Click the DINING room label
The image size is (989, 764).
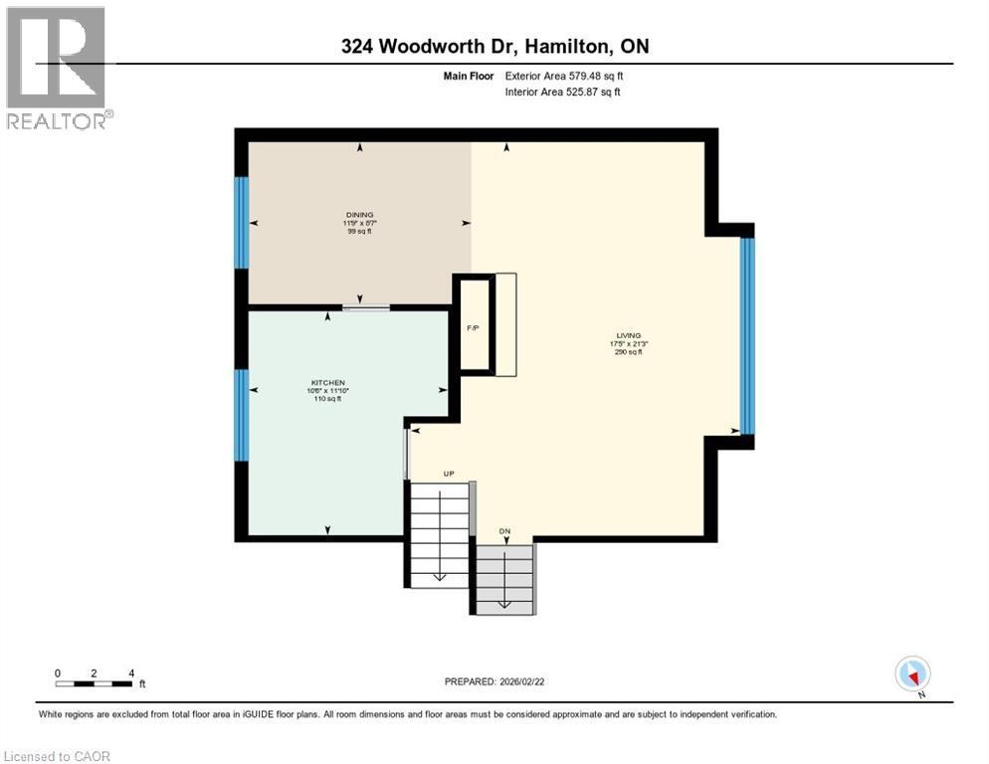point(356,214)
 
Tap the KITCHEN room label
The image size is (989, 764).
point(327,383)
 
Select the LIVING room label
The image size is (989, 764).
point(628,336)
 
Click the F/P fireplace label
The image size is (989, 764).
point(475,328)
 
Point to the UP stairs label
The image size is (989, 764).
point(449,474)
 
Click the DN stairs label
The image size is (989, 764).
point(504,531)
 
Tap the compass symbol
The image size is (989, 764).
point(912,674)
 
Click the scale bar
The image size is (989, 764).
point(94,683)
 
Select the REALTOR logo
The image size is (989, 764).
point(58,68)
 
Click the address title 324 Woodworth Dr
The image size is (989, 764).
point(494,46)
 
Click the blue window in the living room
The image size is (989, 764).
point(747,336)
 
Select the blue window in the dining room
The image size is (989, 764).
point(241,222)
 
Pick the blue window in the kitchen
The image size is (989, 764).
point(241,415)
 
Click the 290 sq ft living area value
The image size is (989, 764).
point(628,352)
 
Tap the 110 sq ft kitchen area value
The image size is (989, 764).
point(327,399)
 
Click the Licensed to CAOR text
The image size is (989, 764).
point(57,756)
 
